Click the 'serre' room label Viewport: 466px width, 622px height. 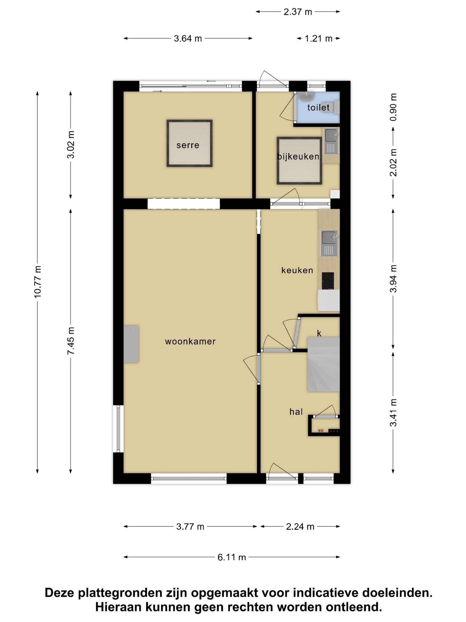click(x=188, y=145)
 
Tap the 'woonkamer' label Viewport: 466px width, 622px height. click(x=190, y=341)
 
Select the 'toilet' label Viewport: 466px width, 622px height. click(x=318, y=107)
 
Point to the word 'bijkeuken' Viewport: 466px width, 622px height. click(x=298, y=156)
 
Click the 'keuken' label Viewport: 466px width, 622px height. click(x=297, y=270)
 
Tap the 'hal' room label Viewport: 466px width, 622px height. click(x=296, y=412)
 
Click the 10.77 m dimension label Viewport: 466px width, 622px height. click(x=38, y=282)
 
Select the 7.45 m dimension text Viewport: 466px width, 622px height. click(x=71, y=340)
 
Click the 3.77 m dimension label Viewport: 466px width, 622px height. click(x=190, y=526)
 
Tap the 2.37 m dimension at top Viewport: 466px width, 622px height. click(x=298, y=12)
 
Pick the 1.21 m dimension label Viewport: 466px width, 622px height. click(x=318, y=39)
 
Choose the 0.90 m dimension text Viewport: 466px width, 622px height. click(x=393, y=107)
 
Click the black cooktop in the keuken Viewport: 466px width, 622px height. click(x=328, y=281)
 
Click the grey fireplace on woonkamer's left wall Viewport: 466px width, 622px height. click(x=131, y=344)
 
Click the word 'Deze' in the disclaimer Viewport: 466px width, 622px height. click(x=59, y=593)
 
